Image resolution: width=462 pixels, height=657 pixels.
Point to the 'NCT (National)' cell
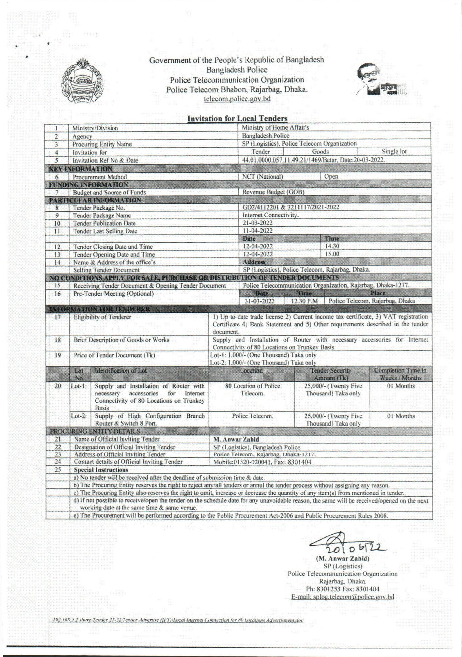pyautogui.click(x=263, y=176)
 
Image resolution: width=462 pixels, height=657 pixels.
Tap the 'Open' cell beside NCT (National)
pyautogui.click(x=331, y=176)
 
